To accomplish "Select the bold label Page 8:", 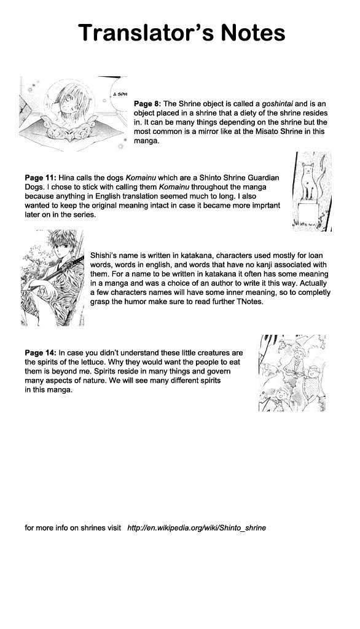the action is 147,104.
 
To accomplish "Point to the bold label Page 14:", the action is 41,353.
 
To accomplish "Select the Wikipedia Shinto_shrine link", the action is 196,528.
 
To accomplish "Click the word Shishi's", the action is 104,256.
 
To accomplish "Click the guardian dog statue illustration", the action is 312,192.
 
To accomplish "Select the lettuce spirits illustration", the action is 292,373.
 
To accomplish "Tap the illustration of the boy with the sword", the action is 53,278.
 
